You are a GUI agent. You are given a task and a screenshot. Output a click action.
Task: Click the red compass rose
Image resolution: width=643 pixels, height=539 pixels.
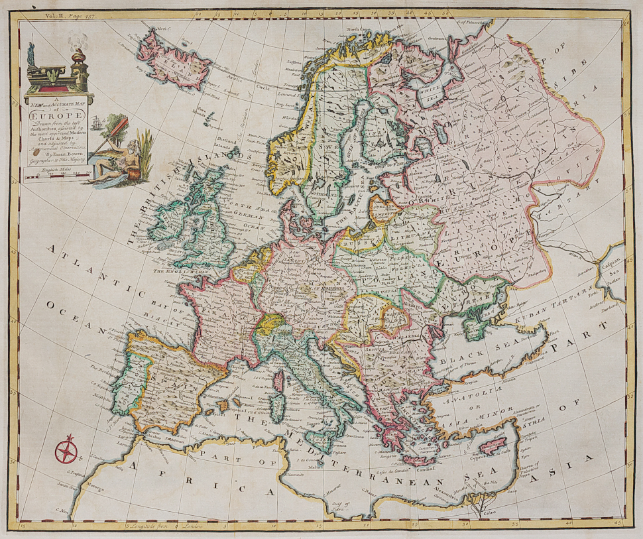tap(66, 451)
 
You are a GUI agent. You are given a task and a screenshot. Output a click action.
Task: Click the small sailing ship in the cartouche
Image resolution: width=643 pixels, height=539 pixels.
tap(97, 123)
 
